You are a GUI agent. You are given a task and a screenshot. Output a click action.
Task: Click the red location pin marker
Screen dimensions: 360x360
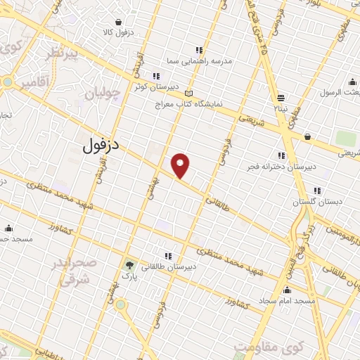click(181, 166)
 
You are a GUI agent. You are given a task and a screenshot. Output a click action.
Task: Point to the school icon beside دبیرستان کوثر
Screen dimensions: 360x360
click(156, 76)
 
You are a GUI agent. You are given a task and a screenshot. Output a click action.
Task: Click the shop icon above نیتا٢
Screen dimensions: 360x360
click(281, 98)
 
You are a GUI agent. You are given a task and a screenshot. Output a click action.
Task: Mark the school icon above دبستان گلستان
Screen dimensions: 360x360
click(317, 190)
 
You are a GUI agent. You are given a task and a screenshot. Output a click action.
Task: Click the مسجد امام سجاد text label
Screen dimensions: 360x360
click(285, 301)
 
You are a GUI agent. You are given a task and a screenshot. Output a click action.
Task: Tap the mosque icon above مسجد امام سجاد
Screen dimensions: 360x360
click(286, 290)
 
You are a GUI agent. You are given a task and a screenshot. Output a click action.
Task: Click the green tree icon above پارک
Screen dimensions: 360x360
click(129, 265)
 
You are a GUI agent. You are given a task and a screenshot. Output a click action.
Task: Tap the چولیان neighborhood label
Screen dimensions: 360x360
click(104, 92)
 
